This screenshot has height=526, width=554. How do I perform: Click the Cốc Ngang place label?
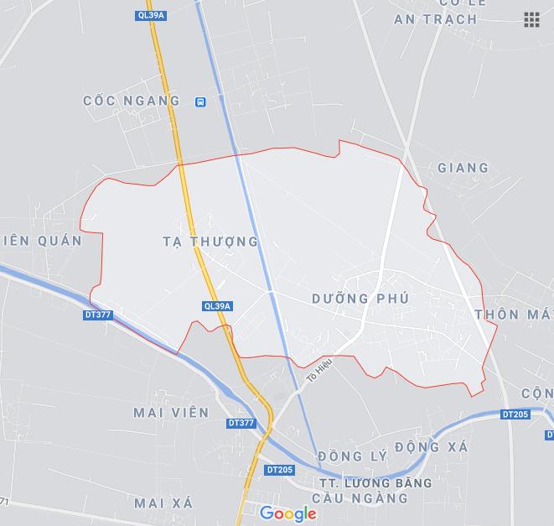[x=132, y=101]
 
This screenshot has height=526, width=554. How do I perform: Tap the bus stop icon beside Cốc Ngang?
[x=200, y=102]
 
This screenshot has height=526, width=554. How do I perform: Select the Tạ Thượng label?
[x=210, y=242]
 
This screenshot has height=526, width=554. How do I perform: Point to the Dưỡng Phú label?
[x=360, y=299]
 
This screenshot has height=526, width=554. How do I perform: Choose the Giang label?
[x=463, y=168]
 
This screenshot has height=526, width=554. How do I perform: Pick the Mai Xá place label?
[x=163, y=503]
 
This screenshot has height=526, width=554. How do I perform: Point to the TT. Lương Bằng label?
[x=375, y=483]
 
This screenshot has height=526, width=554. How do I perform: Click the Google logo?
[x=287, y=513]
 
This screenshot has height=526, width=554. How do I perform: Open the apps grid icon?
[x=531, y=19]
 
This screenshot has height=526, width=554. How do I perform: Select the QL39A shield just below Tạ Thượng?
[x=217, y=306]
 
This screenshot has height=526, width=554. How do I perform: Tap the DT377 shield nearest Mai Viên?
[x=241, y=423]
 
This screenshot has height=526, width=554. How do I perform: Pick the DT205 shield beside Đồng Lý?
[x=280, y=470]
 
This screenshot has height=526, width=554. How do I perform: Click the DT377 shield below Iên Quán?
[x=98, y=315]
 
